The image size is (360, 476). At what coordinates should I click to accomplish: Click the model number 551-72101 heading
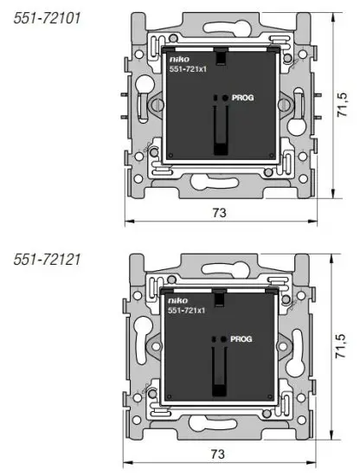48,17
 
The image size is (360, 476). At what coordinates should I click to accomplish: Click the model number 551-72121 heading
48,259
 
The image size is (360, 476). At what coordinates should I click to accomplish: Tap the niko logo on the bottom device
177,302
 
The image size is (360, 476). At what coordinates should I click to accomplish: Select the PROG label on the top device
244,100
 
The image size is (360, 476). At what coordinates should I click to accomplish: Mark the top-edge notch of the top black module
222,57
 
